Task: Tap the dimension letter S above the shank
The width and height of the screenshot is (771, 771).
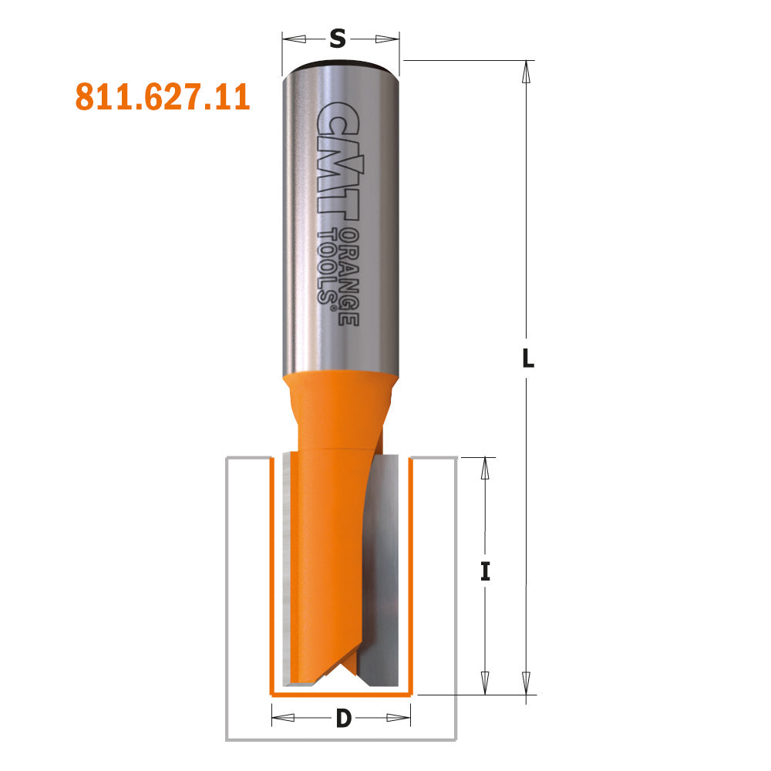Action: (338, 38)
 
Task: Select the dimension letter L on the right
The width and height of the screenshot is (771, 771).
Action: (527, 359)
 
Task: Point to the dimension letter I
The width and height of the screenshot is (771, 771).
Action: (485, 572)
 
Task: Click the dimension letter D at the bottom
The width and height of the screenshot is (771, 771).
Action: (344, 719)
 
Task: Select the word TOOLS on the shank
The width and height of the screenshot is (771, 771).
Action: (330, 266)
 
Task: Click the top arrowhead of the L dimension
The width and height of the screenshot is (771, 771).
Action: (527, 70)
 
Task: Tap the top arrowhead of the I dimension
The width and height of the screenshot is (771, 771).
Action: (485, 467)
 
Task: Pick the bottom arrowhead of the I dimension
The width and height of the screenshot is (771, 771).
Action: (485, 683)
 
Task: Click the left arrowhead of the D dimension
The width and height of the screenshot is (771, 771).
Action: (282, 718)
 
